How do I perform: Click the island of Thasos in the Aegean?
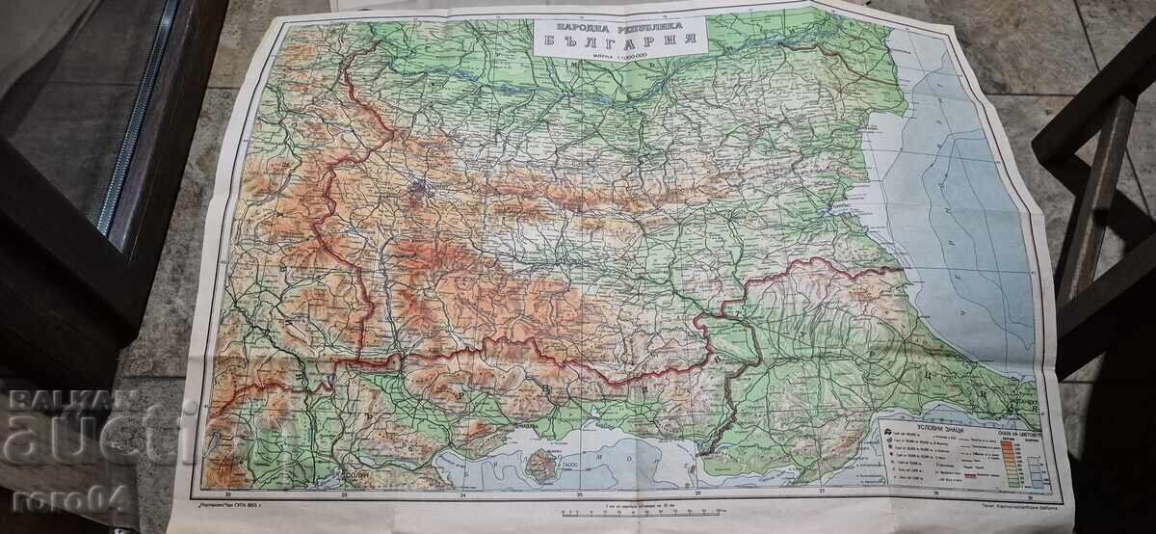(x=543, y=465)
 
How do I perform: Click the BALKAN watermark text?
(x=56, y=397)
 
